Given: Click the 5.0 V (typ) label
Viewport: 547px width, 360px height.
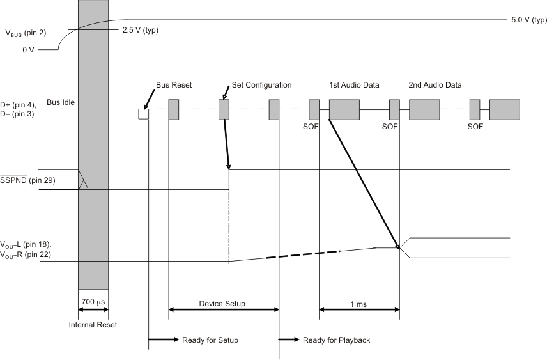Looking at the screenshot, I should tap(528, 20).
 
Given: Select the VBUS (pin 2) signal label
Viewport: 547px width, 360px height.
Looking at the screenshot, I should tap(25, 34).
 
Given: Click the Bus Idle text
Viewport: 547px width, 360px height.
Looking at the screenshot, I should tap(61, 102).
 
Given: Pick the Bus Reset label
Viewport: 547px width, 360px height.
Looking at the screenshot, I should tap(174, 85).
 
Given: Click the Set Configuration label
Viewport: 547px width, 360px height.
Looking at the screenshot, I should tap(261, 85).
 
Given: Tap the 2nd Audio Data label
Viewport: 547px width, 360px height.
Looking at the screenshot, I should tap(435, 85).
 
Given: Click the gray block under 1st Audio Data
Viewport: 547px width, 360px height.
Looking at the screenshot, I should tap(344, 109).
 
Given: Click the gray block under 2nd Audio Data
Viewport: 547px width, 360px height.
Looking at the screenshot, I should tap(424, 109).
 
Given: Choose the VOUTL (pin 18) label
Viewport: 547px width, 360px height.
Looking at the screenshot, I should tap(26, 245).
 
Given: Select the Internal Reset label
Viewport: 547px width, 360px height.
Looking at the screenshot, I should tap(93, 325).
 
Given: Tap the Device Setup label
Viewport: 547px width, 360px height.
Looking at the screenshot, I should tap(222, 303).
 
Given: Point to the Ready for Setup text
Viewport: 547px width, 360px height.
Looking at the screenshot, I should tap(210, 340).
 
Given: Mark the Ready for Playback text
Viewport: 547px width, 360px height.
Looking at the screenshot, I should tap(336, 340).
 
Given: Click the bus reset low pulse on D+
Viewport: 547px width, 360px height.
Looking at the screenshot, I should tap(144, 114).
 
